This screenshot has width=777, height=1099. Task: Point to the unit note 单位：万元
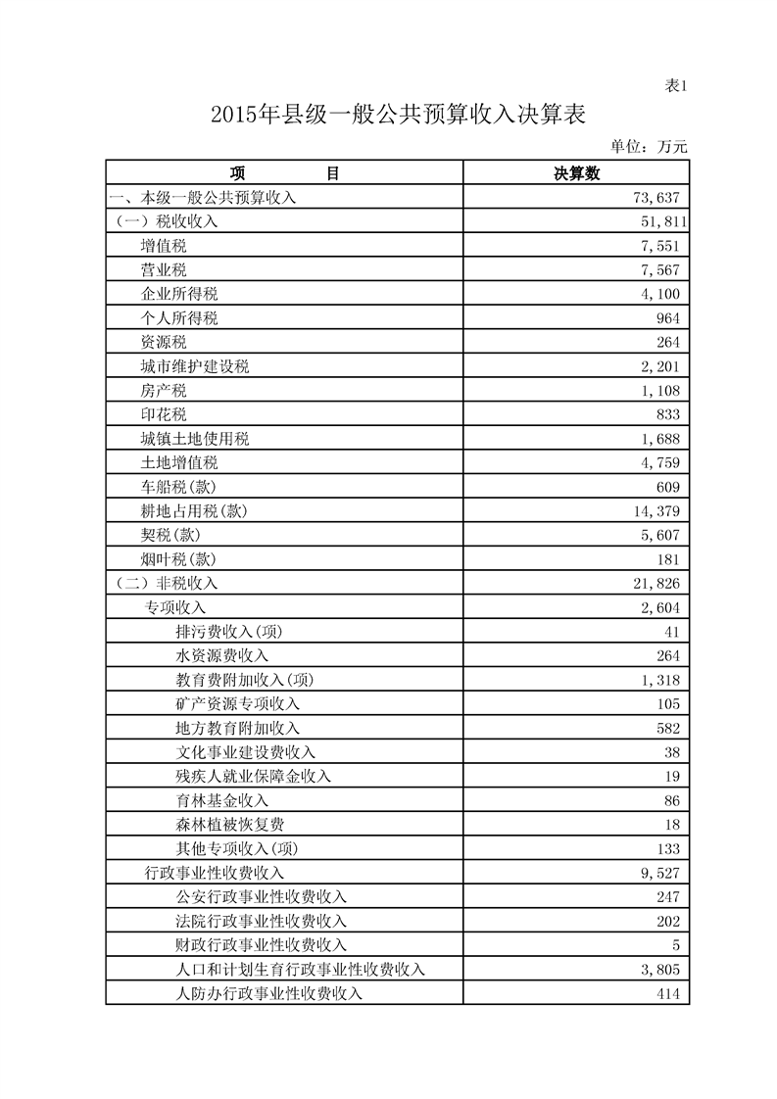pos(649,147)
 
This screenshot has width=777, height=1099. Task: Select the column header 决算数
pos(576,173)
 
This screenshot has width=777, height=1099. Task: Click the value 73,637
pos(657,198)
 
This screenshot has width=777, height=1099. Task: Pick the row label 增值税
pos(164,246)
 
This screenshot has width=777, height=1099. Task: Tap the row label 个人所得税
pos(179,318)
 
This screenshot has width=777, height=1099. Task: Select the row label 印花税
pos(164,415)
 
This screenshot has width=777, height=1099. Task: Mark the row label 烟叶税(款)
pos(178,560)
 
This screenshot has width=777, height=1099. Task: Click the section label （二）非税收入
pos(167,584)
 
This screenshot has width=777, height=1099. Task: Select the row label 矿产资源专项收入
pos(238,704)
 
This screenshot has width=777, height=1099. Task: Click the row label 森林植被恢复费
pos(230,825)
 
